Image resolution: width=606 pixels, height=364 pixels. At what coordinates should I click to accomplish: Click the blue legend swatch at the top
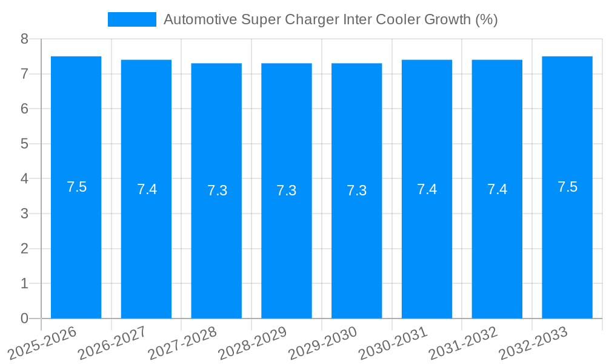tap(132, 19)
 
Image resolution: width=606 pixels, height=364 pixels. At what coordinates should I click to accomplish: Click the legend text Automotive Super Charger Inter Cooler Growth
tap(330, 19)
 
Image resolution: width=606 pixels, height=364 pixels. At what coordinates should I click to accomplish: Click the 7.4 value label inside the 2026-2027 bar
tap(147, 189)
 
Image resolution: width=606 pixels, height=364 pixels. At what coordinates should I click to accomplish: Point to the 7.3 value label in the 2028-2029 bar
tap(287, 190)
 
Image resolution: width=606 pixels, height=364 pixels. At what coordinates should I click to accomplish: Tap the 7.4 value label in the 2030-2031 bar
tap(427, 189)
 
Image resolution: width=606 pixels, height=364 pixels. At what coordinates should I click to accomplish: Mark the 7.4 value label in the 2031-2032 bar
tap(497, 189)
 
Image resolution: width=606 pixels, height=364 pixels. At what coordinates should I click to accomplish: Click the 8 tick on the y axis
tap(24, 39)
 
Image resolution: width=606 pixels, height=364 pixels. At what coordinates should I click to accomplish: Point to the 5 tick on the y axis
tap(24, 144)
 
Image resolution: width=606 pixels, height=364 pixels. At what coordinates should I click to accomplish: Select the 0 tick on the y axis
tap(24, 318)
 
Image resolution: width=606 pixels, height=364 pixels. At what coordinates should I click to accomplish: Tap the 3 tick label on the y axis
tap(24, 214)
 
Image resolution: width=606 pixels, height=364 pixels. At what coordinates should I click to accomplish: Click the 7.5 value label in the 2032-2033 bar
tap(567, 187)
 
